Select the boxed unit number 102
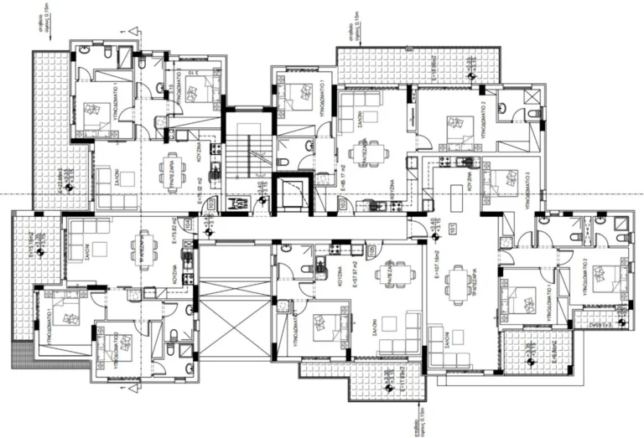point(342,202)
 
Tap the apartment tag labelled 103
point(210,202)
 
